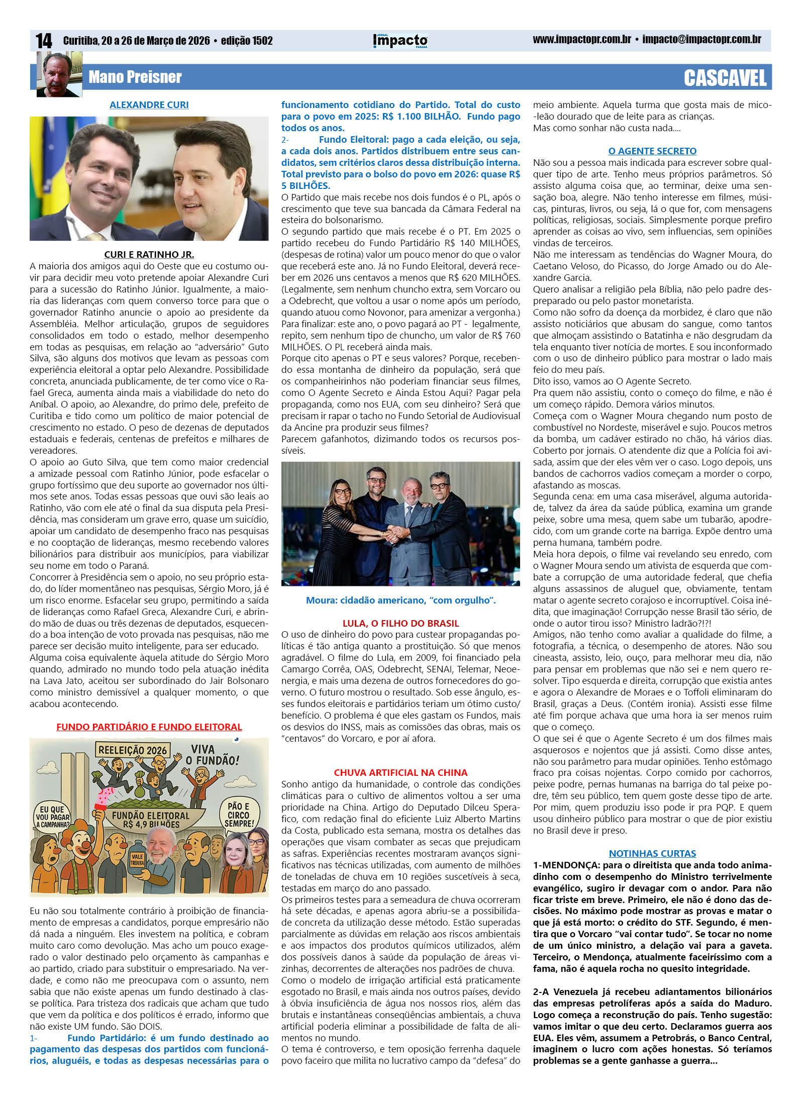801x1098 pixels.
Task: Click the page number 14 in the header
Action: [44, 41]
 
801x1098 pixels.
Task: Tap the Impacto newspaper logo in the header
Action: [400, 41]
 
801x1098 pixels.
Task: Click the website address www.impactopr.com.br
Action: [581, 40]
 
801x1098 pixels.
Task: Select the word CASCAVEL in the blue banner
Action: [725, 78]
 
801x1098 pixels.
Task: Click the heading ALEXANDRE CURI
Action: [149, 105]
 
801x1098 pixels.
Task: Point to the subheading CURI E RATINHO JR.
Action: [149, 254]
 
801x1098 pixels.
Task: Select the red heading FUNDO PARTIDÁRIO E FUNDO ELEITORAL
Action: [149, 727]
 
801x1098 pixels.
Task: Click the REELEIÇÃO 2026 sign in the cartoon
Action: [132, 751]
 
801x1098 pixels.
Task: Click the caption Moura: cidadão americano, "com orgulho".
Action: [400, 600]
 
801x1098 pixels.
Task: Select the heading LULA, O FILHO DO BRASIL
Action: [400, 623]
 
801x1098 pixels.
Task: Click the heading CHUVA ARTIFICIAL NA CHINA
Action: [400, 772]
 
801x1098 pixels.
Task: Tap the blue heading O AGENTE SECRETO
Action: [652, 151]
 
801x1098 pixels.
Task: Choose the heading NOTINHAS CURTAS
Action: [652, 853]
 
